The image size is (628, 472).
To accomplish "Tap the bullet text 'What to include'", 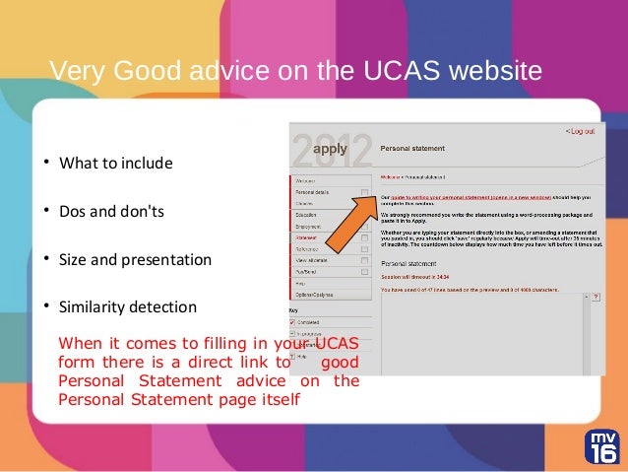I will (x=115, y=163).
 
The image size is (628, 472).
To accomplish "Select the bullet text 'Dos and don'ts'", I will (x=110, y=211).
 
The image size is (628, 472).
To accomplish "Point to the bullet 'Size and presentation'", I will (x=135, y=260).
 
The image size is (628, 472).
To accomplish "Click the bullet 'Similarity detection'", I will (x=127, y=307).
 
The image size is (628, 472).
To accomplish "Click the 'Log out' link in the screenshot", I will (x=580, y=131).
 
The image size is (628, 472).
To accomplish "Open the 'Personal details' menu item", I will (x=316, y=192).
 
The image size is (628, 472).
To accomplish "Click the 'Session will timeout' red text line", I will (x=414, y=277).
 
